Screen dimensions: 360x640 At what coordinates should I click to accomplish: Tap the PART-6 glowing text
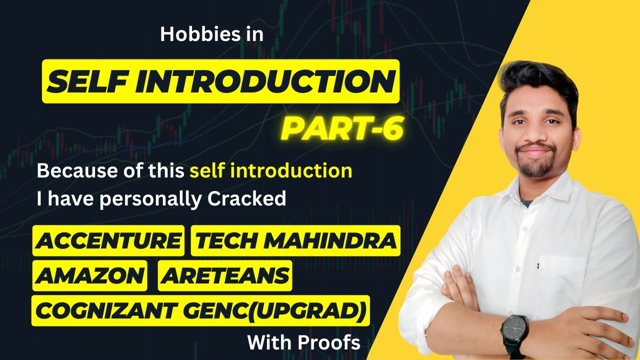[342, 128]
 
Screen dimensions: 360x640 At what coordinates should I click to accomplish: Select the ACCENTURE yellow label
[108, 241]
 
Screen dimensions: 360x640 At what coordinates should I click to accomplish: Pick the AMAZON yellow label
[90, 275]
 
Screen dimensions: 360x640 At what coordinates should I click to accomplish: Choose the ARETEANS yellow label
[224, 275]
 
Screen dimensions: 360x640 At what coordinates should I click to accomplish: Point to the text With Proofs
[303, 342]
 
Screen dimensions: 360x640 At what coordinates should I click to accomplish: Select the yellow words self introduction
[270, 171]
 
